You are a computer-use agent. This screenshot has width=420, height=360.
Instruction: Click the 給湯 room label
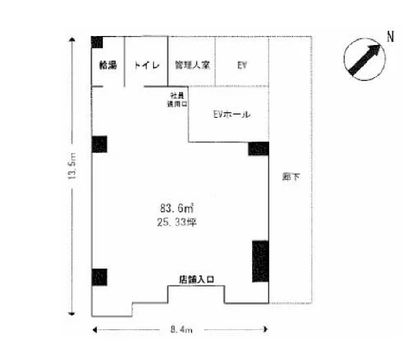[x=107, y=65]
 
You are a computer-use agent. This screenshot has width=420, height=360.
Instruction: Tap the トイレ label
[x=145, y=65]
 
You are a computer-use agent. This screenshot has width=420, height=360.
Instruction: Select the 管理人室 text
[x=191, y=65]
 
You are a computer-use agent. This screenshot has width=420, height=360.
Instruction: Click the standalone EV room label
[x=241, y=65]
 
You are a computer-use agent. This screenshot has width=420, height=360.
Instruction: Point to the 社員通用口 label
[x=177, y=100]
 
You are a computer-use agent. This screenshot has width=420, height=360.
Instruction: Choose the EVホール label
[x=231, y=115]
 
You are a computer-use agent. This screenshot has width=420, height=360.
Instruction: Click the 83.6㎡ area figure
[x=177, y=208]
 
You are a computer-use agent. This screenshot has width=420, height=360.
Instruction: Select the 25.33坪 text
[x=177, y=222]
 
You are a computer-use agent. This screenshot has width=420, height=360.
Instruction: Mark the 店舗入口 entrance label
[x=196, y=279]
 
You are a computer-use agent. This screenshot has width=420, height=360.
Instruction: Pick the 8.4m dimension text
[x=181, y=330]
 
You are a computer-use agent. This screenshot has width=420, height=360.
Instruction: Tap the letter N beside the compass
[x=389, y=36]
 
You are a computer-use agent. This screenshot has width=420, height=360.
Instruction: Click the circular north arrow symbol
[x=362, y=58]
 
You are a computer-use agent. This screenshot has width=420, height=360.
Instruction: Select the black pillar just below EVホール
[x=258, y=148]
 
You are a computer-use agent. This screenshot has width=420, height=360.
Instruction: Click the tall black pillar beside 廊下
[x=259, y=260]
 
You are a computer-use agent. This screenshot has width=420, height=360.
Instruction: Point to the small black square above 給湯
[x=97, y=42]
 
